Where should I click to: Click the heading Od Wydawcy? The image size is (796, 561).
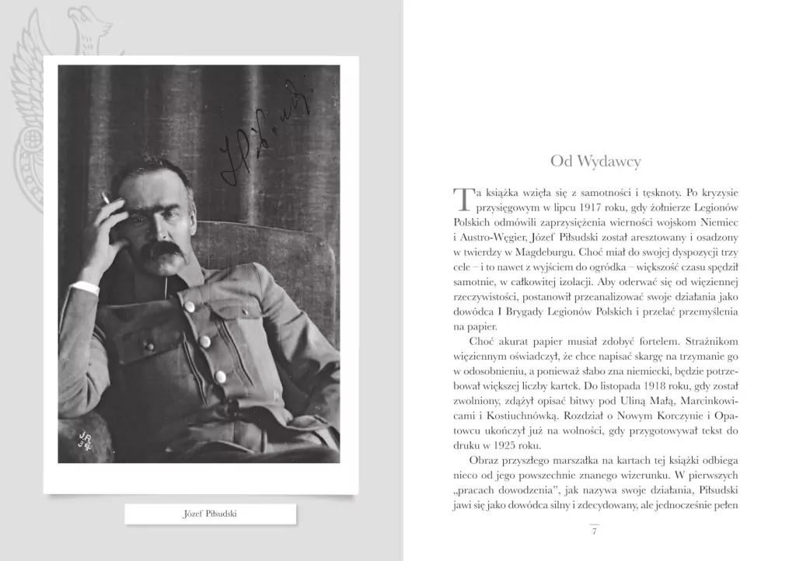pyautogui.click(x=595, y=161)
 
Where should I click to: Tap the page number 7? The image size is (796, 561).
pyautogui.click(x=594, y=531)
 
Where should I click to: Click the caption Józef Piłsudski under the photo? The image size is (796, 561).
pyautogui.click(x=210, y=514)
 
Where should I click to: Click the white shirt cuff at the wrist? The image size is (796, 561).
pyautogui.click(x=86, y=287)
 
